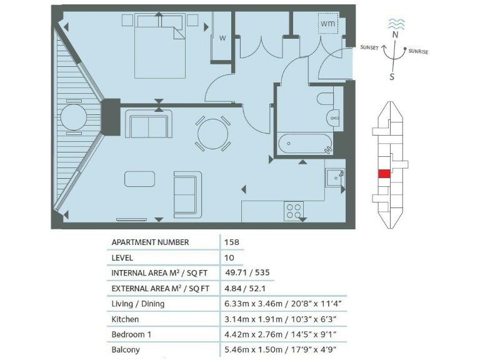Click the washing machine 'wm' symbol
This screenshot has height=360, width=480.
pyautogui.click(x=327, y=24)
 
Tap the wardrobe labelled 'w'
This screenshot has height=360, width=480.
pyautogui.click(x=222, y=37)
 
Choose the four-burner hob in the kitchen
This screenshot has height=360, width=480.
pyautogui.click(x=294, y=211)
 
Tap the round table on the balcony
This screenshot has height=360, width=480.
pyautogui.click(x=73, y=117)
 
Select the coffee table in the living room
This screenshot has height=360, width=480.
pyautogui.click(x=141, y=179)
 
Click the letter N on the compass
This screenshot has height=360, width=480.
pyautogui.click(x=394, y=36)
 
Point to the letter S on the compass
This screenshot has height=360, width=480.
pyautogui.click(x=392, y=77)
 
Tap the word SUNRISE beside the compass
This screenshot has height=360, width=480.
pyautogui.click(x=418, y=52)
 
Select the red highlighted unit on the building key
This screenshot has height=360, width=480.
pyautogui.click(x=384, y=174)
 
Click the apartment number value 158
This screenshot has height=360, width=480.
pyautogui.click(x=231, y=242)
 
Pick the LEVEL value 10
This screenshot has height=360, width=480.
pyautogui.click(x=229, y=257)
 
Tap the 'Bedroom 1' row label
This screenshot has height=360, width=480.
pyautogui.click(x=131, y=334)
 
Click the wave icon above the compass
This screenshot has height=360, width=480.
pyautogui.click(x=396, y=23)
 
